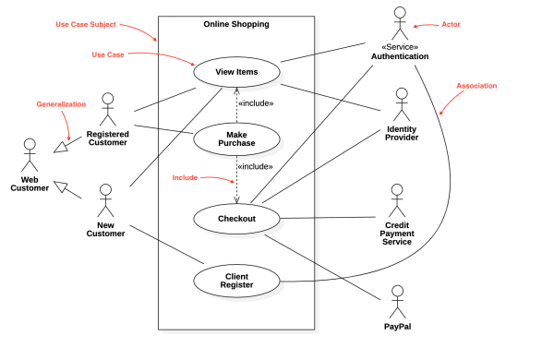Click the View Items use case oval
point(236,71)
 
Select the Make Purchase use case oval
point(236,138)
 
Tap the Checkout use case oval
point(236,218)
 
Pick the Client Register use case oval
point(236,281)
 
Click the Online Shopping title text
point(236,24)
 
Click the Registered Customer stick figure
point(108,109)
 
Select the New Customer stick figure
point(105,199)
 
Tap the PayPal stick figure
point(397,301)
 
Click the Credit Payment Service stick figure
point(397,199)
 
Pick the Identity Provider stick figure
point(402,103)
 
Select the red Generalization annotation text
point(61,104)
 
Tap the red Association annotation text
point(476,86)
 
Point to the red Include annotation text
point(186,176)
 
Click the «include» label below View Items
point(256,103)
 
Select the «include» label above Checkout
point(256,166)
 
